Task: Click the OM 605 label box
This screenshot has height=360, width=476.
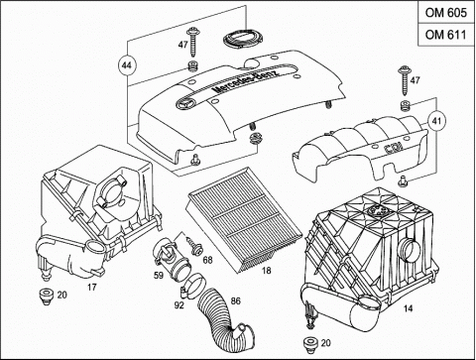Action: [446, 13]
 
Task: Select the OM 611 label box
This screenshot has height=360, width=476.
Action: [446, 35]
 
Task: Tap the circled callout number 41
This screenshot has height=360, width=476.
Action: [436, 121]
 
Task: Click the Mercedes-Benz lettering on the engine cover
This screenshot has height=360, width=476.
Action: [246, 80]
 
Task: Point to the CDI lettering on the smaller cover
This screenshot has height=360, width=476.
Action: [394, 148]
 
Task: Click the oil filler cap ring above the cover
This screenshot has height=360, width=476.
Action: [243, 39]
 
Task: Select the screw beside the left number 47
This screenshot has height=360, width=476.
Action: [192, 43]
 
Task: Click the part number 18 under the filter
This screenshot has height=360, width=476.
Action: [267, 271]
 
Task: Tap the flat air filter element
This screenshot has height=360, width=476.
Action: [245, 220]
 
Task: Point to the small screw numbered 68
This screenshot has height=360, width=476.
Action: [195, 246]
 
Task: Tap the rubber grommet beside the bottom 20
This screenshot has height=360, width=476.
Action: [309, 344]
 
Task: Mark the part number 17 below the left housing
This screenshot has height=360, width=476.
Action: [92, 287]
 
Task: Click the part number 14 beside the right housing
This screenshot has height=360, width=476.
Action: [409, 308]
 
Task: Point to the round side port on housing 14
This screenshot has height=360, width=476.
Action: [410, 250]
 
